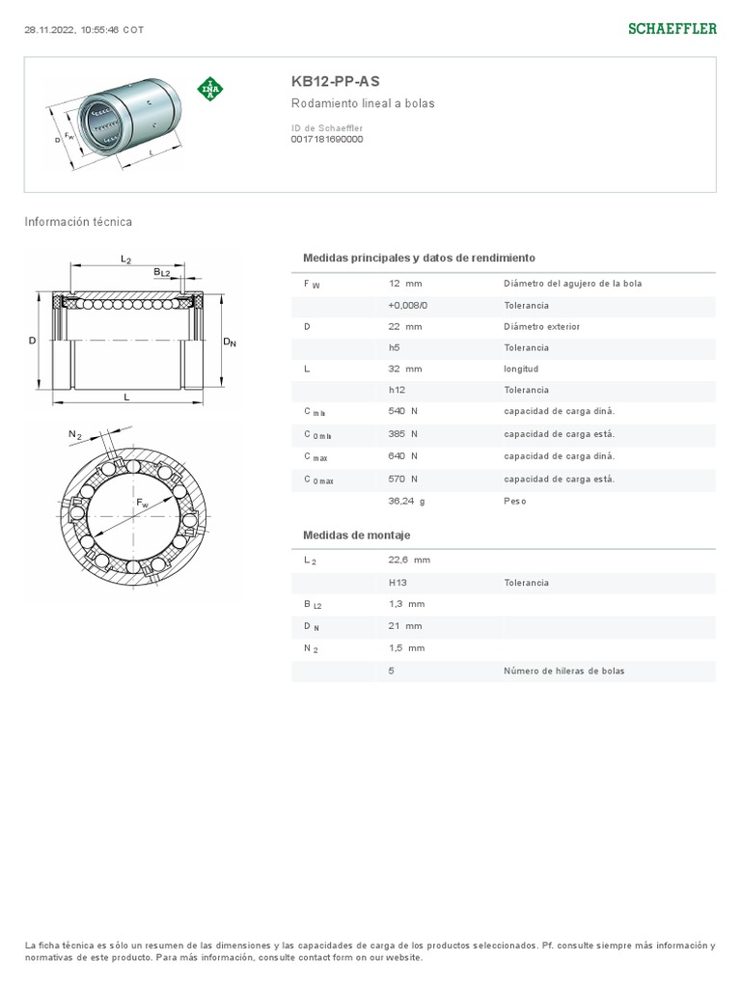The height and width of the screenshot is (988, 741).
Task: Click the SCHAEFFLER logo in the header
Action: click(672, 29)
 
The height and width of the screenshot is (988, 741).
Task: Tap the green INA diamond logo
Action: click(210, 89)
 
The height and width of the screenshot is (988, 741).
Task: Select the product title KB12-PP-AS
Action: click(328, 82)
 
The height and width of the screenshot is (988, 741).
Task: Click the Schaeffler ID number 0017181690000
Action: click(326, 139)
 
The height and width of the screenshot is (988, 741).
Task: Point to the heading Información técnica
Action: click(78, 222)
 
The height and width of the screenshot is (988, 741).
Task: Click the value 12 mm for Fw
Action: click(405, 284)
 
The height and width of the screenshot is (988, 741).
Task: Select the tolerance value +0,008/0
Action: click(407, 305)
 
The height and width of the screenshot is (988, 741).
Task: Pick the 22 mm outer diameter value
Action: click(405, 326)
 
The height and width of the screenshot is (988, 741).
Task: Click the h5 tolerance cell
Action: click(395, 347)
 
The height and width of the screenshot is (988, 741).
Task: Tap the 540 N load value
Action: click(402, 411)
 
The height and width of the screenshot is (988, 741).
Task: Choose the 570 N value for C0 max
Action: click(402, 479)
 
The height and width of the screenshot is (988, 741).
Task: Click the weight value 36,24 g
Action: click(406, 501)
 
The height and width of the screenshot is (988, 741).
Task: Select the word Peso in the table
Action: click(515, 501)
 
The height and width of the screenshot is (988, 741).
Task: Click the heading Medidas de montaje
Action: click(357, 535)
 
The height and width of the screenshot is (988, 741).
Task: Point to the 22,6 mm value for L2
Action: click(409, 560)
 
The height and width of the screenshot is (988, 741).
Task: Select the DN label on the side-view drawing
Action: click(230, 342)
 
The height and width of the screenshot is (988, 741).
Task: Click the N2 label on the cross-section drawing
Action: click(74, 435)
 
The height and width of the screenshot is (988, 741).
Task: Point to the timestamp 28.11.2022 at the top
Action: click(83, 29)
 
